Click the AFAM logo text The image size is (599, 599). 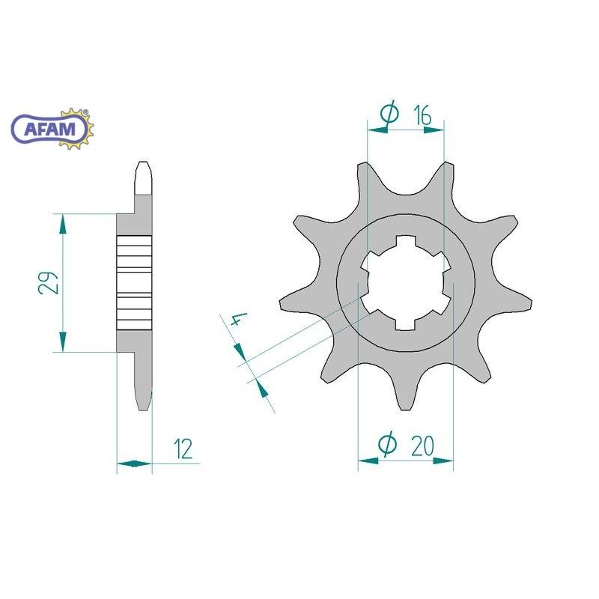coord(49,129)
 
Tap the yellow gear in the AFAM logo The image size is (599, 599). coord(79,128)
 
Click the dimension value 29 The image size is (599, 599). coord(49,283)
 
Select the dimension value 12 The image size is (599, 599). coord(183,449)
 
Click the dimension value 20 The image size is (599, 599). coord(422,446)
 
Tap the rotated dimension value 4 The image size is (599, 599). coord(239,320)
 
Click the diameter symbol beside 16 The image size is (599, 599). coord(389,113)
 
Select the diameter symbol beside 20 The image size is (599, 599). coord(387,444)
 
